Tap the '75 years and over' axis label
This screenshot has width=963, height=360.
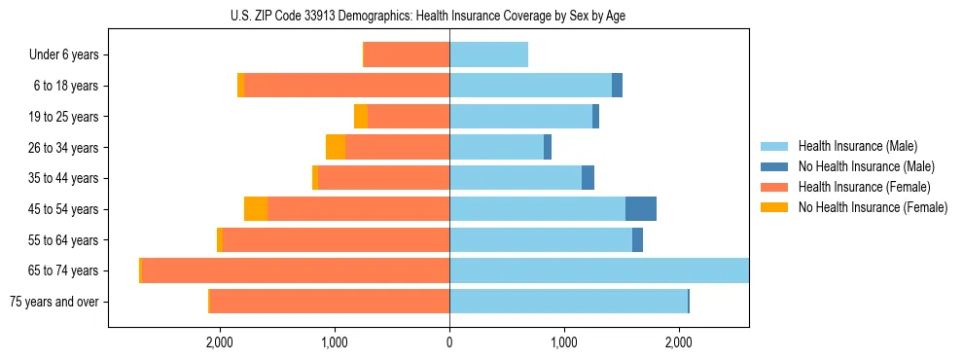point(54,302)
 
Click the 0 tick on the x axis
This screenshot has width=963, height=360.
point(449,342)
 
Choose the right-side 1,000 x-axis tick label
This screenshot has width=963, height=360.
point(564,342)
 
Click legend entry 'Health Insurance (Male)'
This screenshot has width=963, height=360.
point(857,147)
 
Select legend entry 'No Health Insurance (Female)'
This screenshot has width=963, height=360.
point(873,207)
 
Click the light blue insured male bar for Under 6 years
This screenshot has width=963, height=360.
point(488,55)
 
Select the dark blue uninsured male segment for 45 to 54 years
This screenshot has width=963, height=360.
point(641,209)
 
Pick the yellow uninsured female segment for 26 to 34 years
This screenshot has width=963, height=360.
point(336,147)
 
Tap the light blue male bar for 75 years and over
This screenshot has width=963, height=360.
point(568,302)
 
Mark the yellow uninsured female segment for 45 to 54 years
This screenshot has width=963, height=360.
point(256,209)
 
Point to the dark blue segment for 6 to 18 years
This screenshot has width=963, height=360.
point(617,86)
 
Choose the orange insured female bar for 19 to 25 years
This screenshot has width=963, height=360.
point(409,117)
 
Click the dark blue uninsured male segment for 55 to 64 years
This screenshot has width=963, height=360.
point(637,239)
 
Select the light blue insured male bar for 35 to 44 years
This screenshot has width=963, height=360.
point(516,178)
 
